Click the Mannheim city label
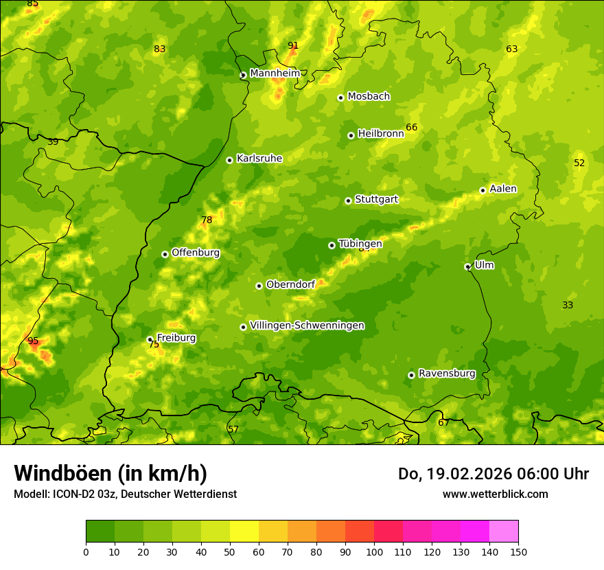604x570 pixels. [275, 73]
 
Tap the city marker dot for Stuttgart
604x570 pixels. [348, 201]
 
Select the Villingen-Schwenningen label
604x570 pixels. [307, 326]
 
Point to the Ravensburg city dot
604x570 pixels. [411, 375]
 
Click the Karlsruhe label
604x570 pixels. [259, 159]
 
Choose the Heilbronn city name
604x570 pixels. [380, 134]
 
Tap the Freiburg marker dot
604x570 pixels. [150, 339]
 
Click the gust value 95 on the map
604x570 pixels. [33, 341]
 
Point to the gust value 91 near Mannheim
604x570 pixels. [293, 46]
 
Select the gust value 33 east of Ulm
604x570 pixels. [568, 306]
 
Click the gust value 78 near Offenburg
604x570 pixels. [207, 220]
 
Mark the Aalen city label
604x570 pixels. [502, 189]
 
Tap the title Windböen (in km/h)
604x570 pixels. [111, 473]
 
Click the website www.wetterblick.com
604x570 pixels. [495, 494]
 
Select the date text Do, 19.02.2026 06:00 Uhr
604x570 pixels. [493, 474]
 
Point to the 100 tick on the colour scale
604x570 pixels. [374, 551]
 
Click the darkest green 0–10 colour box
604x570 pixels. [100, 532]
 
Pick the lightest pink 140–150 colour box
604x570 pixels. [504, 532]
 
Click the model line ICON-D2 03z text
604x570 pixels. [125, 494]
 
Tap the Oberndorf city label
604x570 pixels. [290, 284]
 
